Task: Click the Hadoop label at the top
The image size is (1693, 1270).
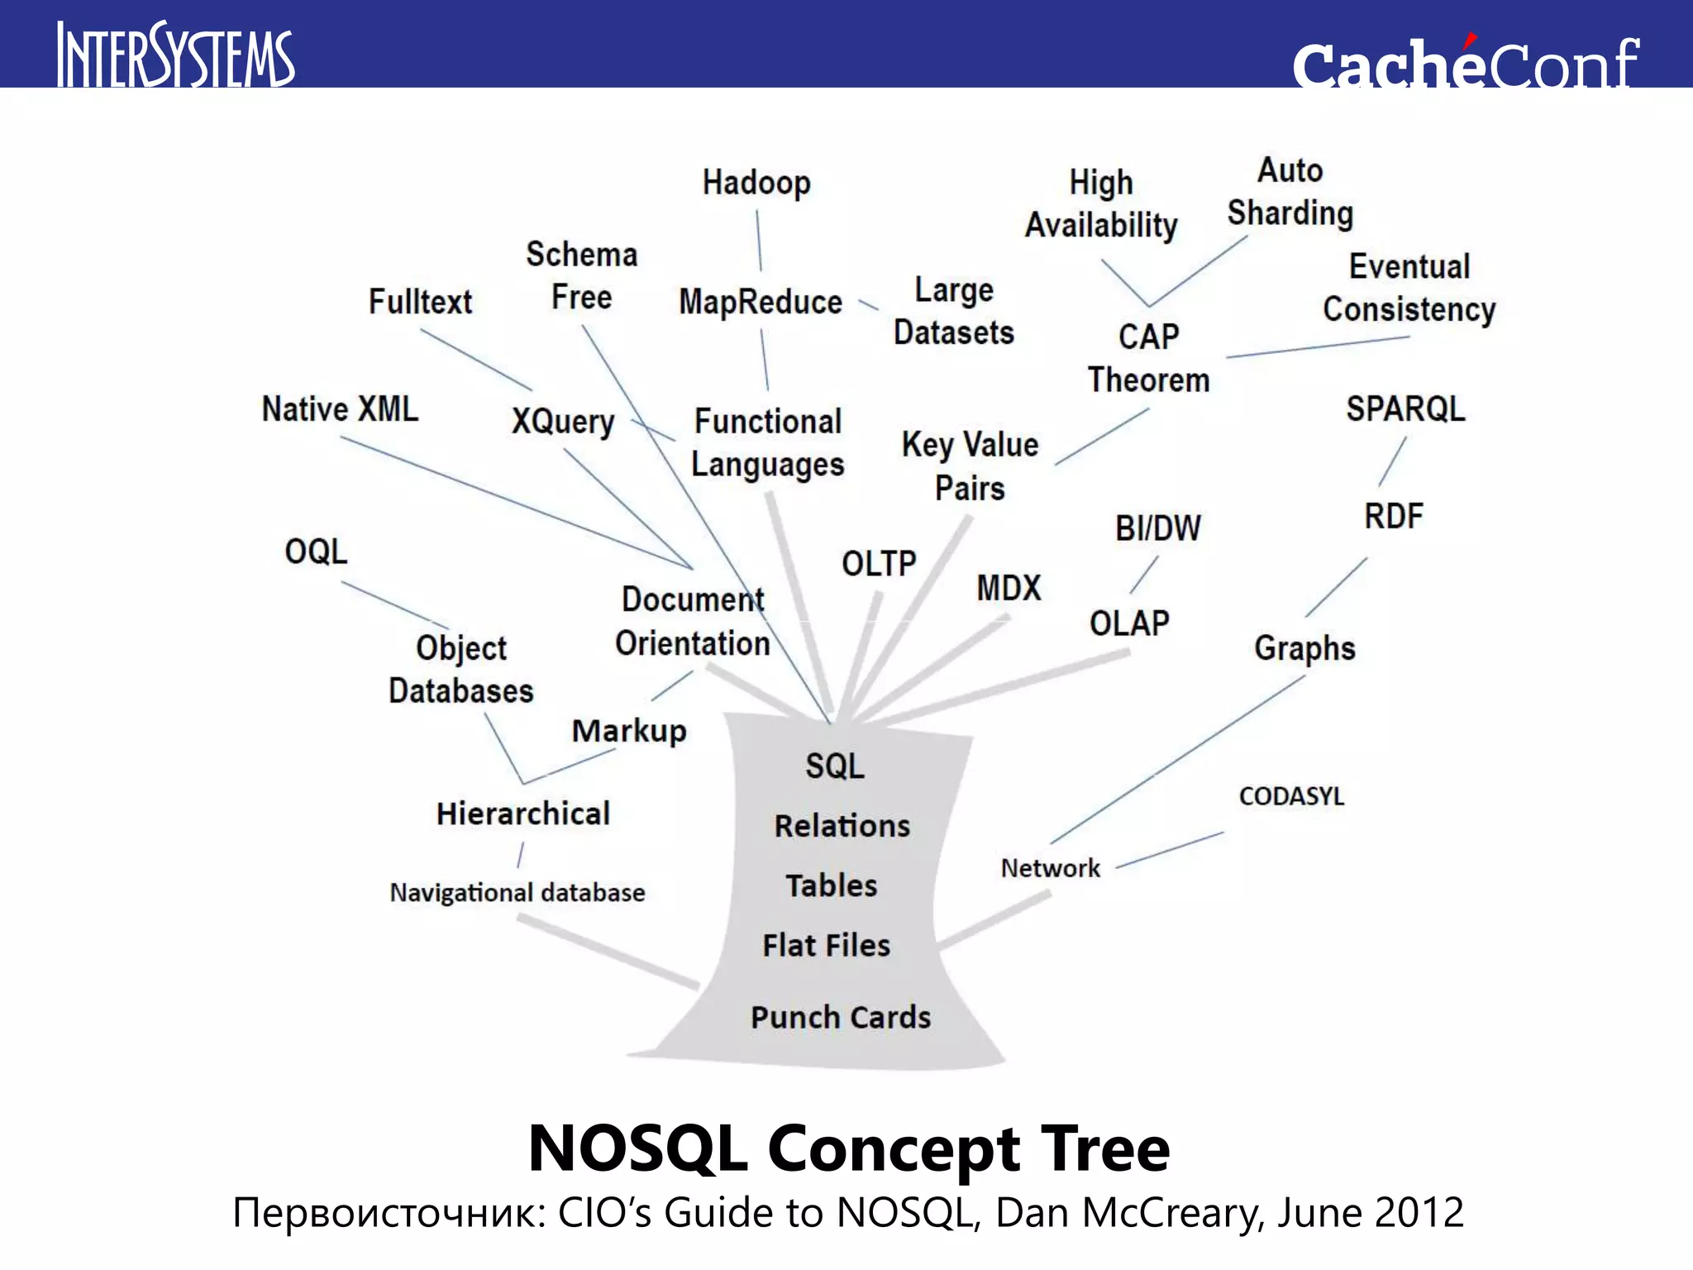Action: coord(756,183)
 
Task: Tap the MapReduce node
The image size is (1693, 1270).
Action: coord(761,302)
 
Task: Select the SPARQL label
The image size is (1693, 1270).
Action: coord(1405,408)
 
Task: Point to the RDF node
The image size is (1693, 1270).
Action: coord(1394,516)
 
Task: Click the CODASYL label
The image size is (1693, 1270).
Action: coord(1291,796)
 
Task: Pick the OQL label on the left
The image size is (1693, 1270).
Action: coord(316,551)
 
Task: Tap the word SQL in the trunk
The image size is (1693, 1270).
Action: coord(835,766)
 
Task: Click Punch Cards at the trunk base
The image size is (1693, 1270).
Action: coord(841,1017)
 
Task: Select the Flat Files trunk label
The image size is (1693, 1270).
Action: coord(827,945)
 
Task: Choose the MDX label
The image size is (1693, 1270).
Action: coord(1009,588)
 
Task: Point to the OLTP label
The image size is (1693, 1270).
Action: coord(879,564)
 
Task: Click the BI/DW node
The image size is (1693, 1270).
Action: coord(1157,528)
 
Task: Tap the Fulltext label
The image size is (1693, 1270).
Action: coord(420,302)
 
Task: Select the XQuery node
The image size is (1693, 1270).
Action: coord(563,422)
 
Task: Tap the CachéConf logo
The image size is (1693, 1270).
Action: coord(1465,63)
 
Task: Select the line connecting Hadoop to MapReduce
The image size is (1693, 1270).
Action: coord(759,241)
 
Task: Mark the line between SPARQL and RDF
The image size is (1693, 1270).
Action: coord(1392,462)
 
